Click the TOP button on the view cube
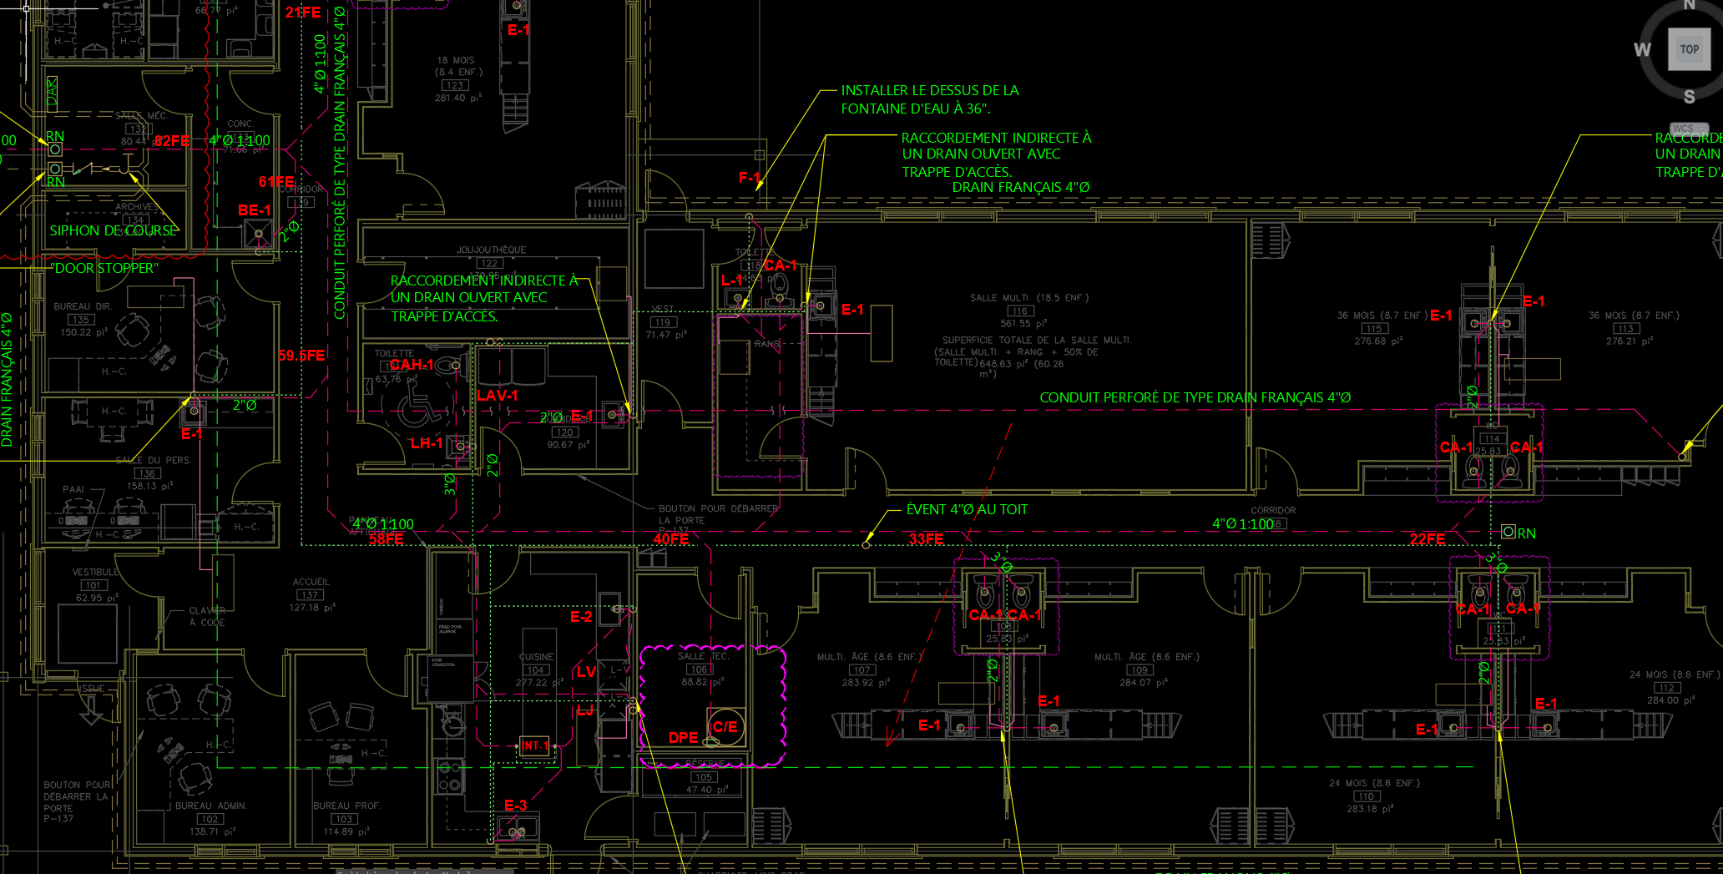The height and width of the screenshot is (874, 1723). click(1689, 49)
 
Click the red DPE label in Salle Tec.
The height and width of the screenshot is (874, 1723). click(683, 738)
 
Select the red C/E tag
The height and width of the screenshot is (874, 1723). click(725, 727)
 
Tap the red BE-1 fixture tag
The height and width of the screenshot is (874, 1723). click(254, 210)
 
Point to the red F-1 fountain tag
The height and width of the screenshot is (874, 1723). click(749, 178)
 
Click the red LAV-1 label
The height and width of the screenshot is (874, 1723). click(498, 396)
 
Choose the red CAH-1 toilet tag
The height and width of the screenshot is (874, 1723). click(412, 365)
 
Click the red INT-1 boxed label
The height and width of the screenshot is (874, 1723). click(535, 745)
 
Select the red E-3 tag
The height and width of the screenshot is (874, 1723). click(516, 806)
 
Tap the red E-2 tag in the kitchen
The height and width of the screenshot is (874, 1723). click(581, 617)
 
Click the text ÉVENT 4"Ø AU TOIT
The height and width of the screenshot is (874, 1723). click(967, 509)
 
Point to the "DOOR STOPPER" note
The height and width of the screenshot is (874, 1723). click(104, 268)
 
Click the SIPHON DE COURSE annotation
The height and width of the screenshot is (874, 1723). click(114, 230)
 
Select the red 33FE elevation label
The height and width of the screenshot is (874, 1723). click(926, 539)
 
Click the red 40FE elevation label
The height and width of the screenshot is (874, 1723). click(671, 539)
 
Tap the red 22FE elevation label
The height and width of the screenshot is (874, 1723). click(1427, 539)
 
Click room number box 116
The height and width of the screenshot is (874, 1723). click(1019, 311)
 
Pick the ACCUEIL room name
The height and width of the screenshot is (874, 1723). click(311, 582)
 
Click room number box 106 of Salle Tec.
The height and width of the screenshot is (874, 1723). click(698, 669)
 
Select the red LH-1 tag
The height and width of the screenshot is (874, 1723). click(427, 443)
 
